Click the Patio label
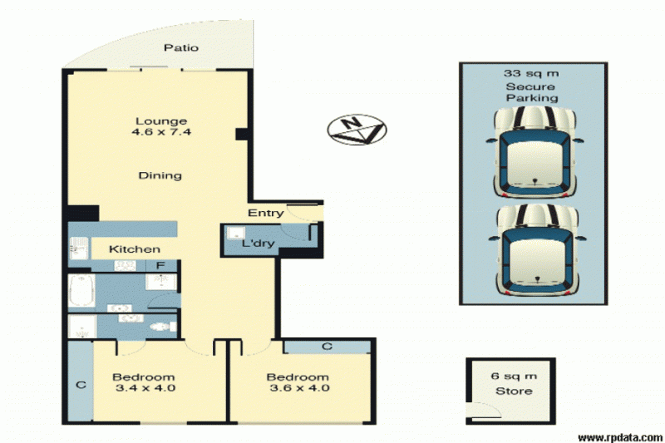click(181, 47)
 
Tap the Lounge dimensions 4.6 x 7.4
click(161, 132)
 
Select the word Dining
click(160, 175)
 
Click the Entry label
click(265, 213)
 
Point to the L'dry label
click(259, 244)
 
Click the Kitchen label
click(135, 249)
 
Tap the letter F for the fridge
click(160, 266)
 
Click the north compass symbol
click(357, 130)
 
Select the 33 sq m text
click(531, 73)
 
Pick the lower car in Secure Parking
click(536, 250)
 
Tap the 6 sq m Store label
click(514, 384)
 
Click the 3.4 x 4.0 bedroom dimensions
click(145, 388)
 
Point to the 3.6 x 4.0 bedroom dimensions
click(299, 388)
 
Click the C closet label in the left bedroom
click(81, 385)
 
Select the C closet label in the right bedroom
click(327, 347)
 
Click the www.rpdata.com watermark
click(621, 437)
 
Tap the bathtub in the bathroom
click(81, 291)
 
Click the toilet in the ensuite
click(162, 327)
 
